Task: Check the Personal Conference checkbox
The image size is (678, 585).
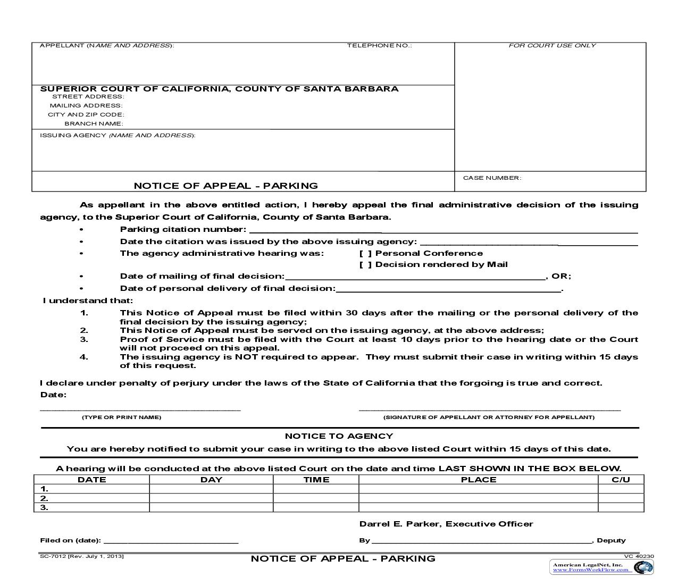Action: pyautogui.click(x=366, y=254)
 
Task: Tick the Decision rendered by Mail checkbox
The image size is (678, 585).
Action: pyautogui.click(x=366, y=265)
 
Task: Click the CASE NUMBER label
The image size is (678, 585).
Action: pyautogui.click(x=492, y=178)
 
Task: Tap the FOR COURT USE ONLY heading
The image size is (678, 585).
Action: pyautogui.click(x=552, y=46)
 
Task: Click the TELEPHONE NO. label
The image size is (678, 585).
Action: pyautogui.click(x=379, y=46)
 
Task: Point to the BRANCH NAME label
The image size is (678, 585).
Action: pyautogui.click(x=94, y=123)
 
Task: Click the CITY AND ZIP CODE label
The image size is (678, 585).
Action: pyautogui.click(x=86, y=114)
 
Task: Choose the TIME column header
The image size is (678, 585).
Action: pyautogui.click(x=316, y=480)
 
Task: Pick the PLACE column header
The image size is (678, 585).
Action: pyautogui.click(x=479, y=480)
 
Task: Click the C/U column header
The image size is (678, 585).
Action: pyautogui.click(x=621, y=480)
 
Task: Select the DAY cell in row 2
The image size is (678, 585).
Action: pyautogui.click(x=211, y=498)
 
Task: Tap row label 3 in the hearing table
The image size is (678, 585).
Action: pyautogui.click(x=45, y=507)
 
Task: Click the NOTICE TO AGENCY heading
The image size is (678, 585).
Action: pyautogui.click(x=339, y=436)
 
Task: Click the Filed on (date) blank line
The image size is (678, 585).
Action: pyautogui.click(x=171, y=541)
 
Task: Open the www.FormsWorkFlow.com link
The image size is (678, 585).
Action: pyautogui.click(x=590, y=570)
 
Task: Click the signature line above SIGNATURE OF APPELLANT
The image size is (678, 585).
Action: pyautogui.click(x=489, y=408)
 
